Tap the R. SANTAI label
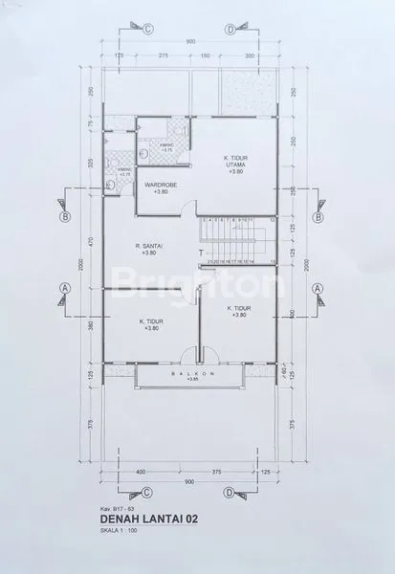click(147, 249)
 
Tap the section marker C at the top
click(147, 29)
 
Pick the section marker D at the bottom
click(229, 495)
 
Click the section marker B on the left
click(64, 216)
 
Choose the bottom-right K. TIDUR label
click(238, 311)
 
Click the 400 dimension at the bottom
click(140, 471)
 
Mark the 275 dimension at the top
click(164, 56)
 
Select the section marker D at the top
click(230, 29)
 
